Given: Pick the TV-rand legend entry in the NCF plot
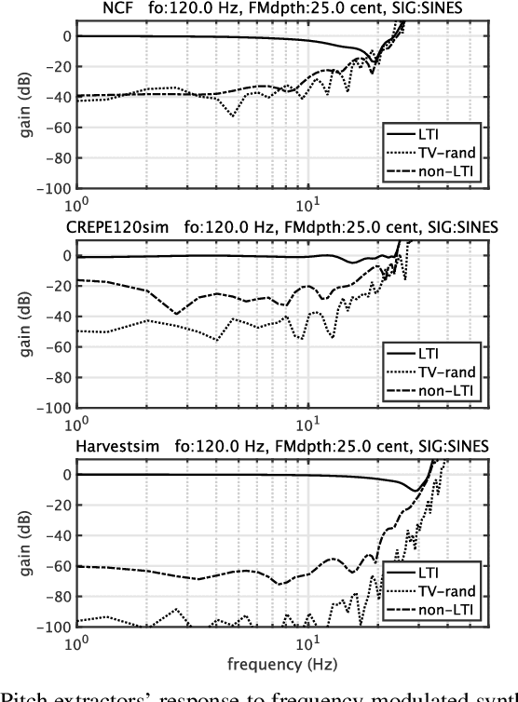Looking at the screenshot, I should [451, 154].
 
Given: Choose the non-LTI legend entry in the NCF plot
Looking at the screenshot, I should [450, 172].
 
